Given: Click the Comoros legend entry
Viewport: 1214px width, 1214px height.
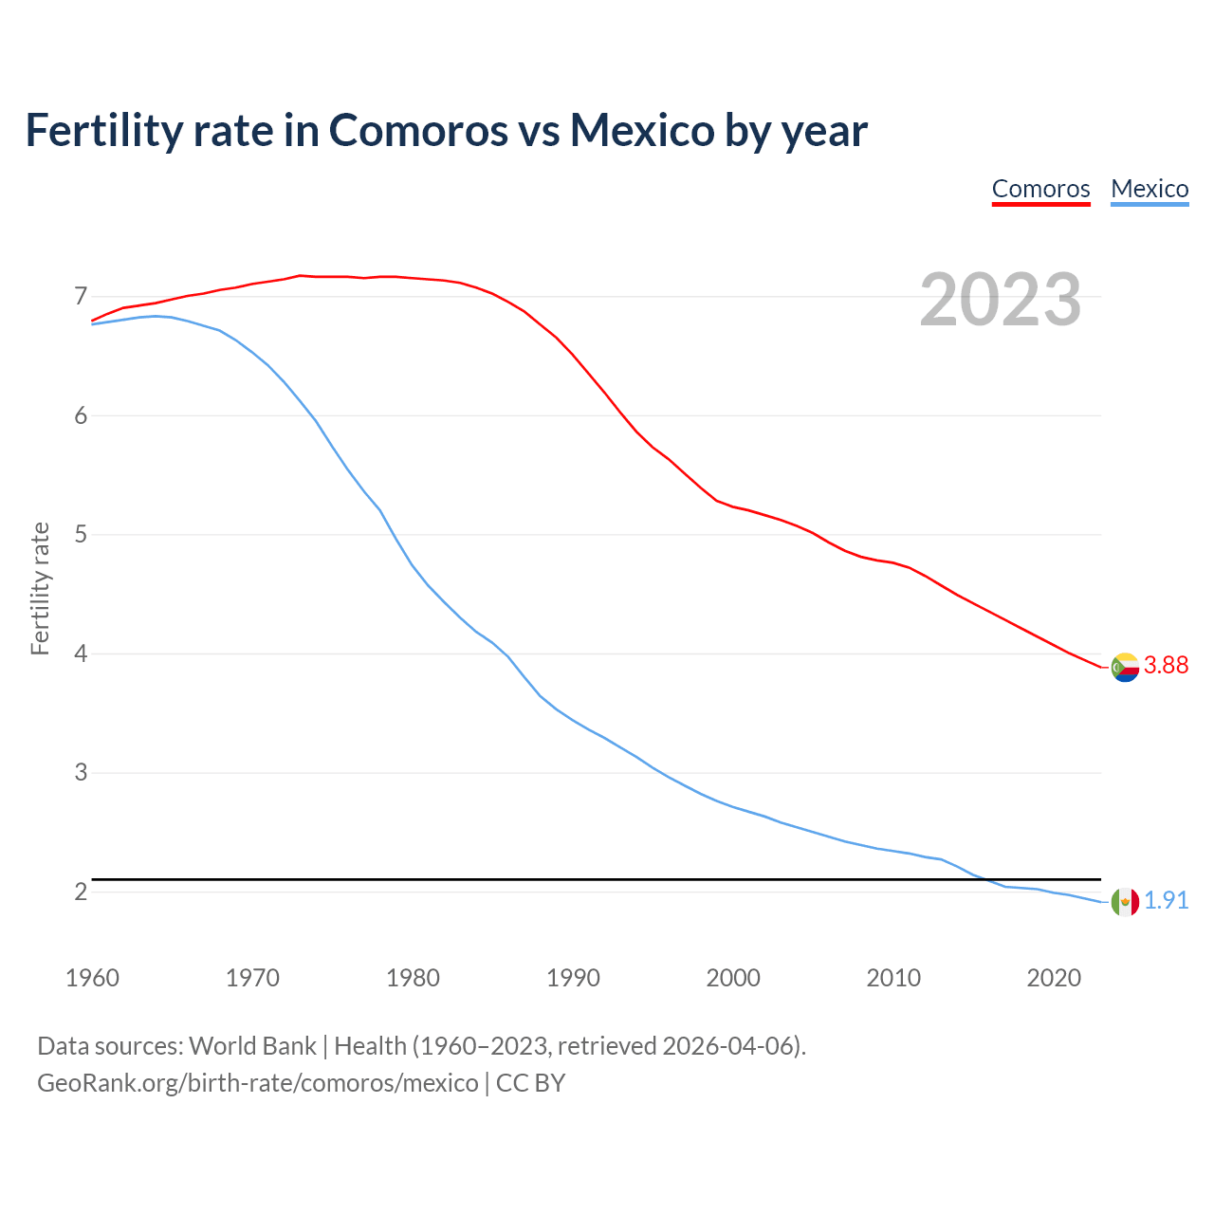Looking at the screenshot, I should coord(1040,189).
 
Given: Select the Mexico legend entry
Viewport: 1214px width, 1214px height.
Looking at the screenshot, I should coord(1150,189).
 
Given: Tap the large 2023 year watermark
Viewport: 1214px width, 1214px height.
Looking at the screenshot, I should coord(1001,300).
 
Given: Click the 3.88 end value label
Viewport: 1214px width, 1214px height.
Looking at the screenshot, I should coord(1166,666).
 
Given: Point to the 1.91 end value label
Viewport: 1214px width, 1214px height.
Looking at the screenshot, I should coord(1166,900).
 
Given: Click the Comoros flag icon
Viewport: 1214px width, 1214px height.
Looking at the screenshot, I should coord(1125,668).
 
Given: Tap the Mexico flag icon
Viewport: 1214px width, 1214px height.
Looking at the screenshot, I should coord(1125,901).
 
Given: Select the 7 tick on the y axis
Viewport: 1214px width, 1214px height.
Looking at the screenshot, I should coord(81,297).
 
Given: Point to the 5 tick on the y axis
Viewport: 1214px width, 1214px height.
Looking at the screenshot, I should coord(81,535).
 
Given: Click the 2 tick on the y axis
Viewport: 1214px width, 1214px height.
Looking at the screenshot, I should coord(81,892).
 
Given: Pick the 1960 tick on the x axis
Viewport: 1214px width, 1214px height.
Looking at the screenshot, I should coord(92,978).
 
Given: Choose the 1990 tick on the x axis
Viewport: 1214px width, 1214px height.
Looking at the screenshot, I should coord(573,978).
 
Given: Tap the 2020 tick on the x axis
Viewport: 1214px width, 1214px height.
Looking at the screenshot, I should coord(1054,978).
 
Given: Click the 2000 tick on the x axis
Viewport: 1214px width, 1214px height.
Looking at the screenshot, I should coord(733,978).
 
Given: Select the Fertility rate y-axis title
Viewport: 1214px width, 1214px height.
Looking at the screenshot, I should coord(40,588).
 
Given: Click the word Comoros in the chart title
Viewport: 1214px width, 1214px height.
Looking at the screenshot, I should coord(418,131).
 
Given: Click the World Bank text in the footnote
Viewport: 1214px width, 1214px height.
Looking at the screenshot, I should coord(252,1046).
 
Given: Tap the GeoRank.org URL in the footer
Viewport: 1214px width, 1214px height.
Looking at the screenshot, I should coord(257,1083).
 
